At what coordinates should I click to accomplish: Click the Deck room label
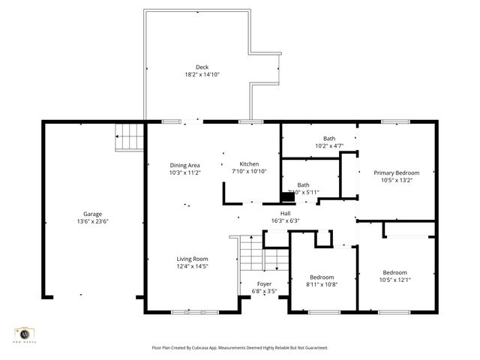202,67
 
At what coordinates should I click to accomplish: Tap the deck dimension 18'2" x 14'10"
202,75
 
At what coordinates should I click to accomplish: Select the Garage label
93,214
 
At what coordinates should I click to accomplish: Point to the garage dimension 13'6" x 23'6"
93,221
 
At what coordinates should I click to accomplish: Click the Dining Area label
184,165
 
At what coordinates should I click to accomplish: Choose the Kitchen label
249,164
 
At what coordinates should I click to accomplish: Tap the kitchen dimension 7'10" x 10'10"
249,172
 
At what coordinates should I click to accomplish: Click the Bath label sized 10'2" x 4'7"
329,138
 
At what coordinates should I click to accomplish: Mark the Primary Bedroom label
397,172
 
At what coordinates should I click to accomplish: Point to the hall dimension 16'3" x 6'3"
285,220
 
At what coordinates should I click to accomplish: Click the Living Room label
192,259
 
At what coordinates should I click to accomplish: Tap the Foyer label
264,283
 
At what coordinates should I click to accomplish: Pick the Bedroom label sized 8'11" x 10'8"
322,276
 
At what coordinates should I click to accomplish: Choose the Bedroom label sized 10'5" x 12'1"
395,272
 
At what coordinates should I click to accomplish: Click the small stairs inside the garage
128,137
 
